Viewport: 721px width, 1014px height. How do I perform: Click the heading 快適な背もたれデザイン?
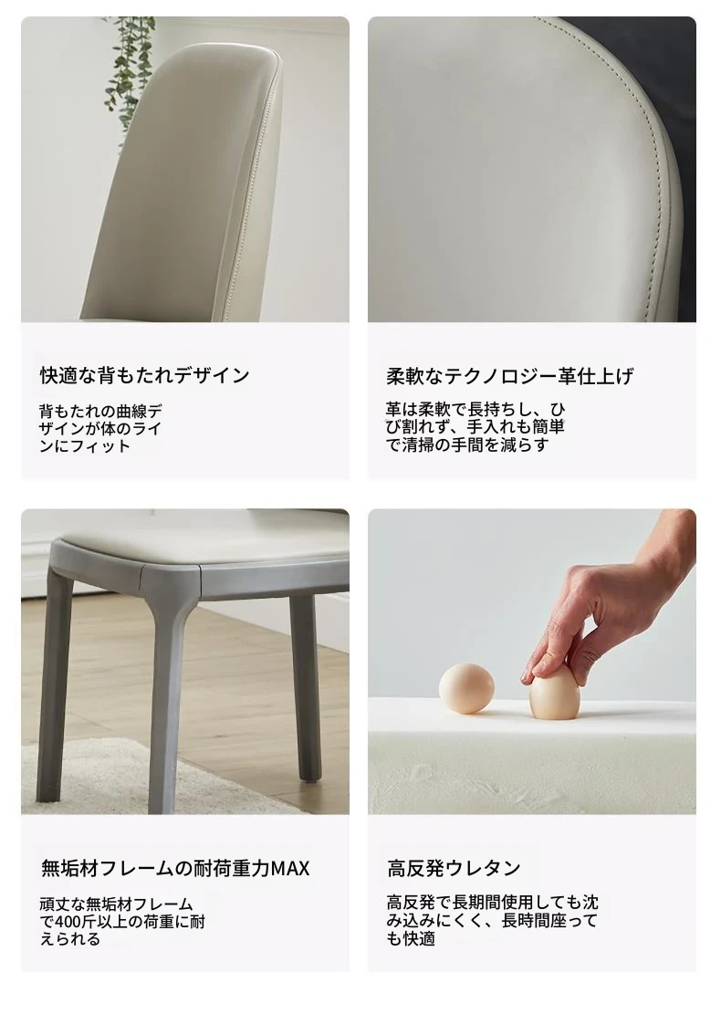[145, 375]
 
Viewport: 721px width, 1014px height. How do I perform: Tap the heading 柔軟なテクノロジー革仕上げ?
[509, 376]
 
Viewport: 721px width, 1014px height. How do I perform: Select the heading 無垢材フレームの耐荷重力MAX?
[175, 868]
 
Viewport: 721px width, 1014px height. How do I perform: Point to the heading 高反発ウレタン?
[454, 868]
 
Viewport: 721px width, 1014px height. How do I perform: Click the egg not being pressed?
[466, 689]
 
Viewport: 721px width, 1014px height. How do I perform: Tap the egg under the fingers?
[554, 695]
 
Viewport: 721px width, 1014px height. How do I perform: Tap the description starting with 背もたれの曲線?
[101, 428]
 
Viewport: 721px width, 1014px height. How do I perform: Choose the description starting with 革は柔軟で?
[475, 427]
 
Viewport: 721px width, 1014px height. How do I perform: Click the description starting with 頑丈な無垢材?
[122, 921]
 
